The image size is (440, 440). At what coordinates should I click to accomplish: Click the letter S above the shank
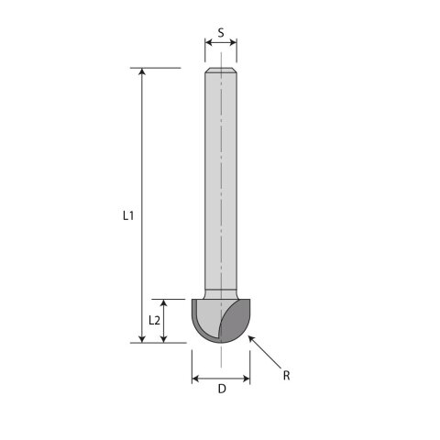221,32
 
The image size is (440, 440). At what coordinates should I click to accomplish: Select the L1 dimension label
128,216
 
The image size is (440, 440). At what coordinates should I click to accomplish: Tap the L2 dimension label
155,321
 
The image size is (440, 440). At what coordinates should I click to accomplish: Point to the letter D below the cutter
221,389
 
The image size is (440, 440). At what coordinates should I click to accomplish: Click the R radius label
286,376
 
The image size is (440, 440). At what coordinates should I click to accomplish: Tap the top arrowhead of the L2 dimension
163,302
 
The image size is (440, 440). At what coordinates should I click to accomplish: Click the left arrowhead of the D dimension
194,379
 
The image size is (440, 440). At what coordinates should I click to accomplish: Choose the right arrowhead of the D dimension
247,379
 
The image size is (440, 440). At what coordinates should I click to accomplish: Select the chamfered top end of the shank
221,71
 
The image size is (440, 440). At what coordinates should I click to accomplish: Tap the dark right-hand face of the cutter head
236,321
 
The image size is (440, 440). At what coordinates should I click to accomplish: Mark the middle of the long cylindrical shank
221,183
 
